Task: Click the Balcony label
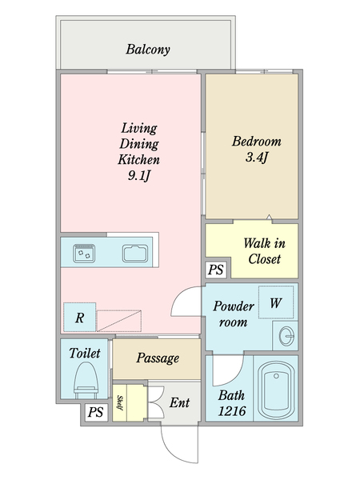[148, 50]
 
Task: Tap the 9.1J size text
[139, 176]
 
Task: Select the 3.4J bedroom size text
[257, 158]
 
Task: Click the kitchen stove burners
[84, 253]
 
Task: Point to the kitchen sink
[135, 254]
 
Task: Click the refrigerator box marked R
[79, 317]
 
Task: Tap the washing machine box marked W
[276, 302]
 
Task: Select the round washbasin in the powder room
[287, 336]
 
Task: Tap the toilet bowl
[86, 380]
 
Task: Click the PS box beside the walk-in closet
[216, 270]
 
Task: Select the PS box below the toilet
[96, 412]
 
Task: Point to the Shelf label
[120, 403]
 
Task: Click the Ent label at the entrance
[180, 402]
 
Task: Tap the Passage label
[158, 358]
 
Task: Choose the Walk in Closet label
[265, 251]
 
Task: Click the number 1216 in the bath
[232, 411]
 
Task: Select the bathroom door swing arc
[236, 376]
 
